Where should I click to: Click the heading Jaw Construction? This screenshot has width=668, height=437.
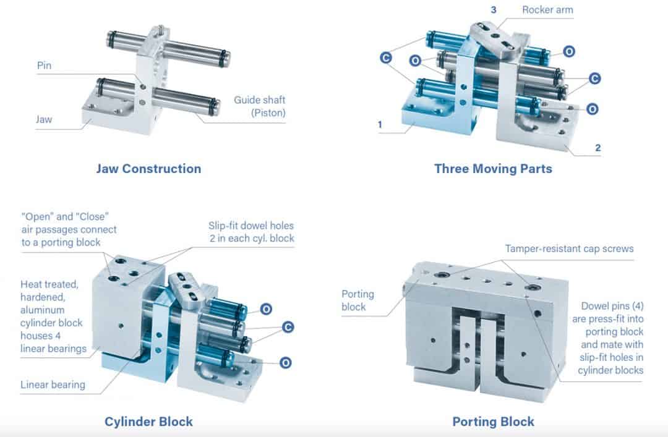click(x=148, y=169)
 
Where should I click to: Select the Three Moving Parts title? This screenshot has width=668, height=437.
click(x=493, y=169)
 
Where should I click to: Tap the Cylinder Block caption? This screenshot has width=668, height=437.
click(x=148, y=422)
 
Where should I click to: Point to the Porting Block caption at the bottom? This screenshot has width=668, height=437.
click(x=493, y=422)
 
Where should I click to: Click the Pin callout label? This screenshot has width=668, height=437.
click(x=44, y=66)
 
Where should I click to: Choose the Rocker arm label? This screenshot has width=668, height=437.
click(x=547, y=10)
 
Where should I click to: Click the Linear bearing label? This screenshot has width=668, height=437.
click(x=53, y=384)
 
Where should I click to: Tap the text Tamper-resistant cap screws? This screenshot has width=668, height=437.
click(x=569, y=248)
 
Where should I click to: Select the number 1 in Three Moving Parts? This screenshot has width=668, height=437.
click(x=380, y=124)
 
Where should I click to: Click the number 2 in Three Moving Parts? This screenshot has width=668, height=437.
click(x=597, y=148)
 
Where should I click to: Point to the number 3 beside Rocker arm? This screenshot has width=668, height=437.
click(x=494, y=10)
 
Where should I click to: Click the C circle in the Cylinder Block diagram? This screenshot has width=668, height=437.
click(x=287, y=326)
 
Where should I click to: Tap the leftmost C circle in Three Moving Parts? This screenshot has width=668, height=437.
click(x=385, y=58)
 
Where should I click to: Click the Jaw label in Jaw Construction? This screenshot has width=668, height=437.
click(x=44, y=119)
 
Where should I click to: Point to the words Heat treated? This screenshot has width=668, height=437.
click(x=49, y=285)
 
